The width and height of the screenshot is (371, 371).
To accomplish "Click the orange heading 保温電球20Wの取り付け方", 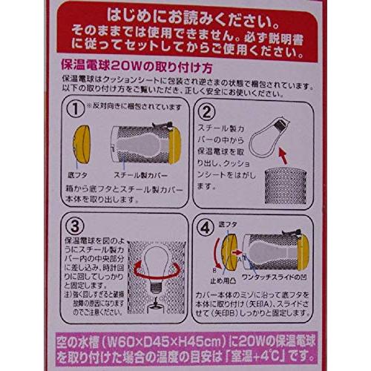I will click(139, 65).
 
